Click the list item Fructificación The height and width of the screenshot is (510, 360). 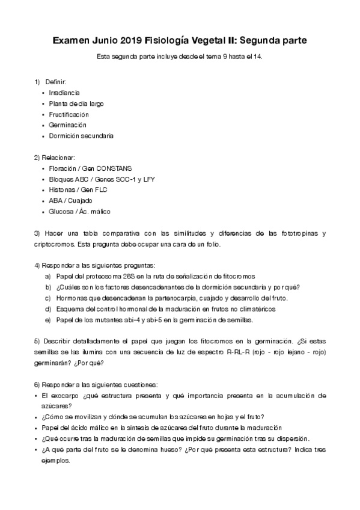pos(69,114)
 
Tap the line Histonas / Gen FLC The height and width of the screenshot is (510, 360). pos(78,190)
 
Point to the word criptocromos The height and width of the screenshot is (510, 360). pos(54,244)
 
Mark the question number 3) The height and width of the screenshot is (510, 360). pos(37,233)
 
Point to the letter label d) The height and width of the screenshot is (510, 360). pos(48,309)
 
